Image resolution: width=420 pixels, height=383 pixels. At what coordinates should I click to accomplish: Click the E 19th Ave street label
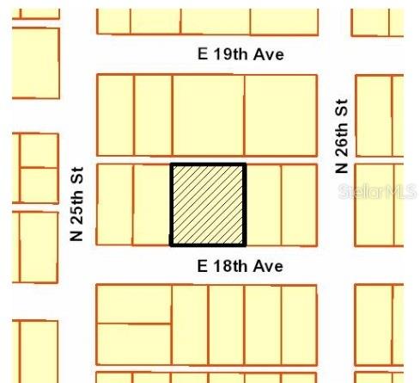click(240, 55)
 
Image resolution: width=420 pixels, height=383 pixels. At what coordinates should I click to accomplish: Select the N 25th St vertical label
click(77, 203)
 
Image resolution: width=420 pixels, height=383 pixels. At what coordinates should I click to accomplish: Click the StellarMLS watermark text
click(377, 191)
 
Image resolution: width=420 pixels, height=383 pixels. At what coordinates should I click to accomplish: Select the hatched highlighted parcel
click(208, 204)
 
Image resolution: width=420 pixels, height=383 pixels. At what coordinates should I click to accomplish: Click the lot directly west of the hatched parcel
click(152, 204)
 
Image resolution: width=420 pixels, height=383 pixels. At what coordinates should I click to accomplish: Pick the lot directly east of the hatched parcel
click(264, 204)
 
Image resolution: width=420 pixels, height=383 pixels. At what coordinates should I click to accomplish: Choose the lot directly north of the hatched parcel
click(208, 114)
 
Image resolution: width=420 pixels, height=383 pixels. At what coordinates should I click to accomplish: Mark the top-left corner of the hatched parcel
click(172, 164)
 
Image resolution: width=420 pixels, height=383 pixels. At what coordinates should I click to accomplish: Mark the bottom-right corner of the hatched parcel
click(245, 244)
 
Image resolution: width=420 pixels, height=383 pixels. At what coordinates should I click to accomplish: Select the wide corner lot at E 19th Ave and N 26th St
click(280, 114)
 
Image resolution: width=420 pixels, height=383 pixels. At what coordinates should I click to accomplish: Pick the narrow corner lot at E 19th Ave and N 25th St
click(115, 114)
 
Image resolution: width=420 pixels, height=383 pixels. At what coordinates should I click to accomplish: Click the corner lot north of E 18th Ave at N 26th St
click(299, 204)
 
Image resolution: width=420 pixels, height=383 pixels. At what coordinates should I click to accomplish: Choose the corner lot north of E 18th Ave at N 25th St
click(114, 204)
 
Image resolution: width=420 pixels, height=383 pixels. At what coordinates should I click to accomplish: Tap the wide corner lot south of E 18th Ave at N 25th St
click(133, 304)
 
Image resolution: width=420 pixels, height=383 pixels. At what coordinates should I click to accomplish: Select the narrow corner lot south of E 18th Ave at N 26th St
click(299, 324)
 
